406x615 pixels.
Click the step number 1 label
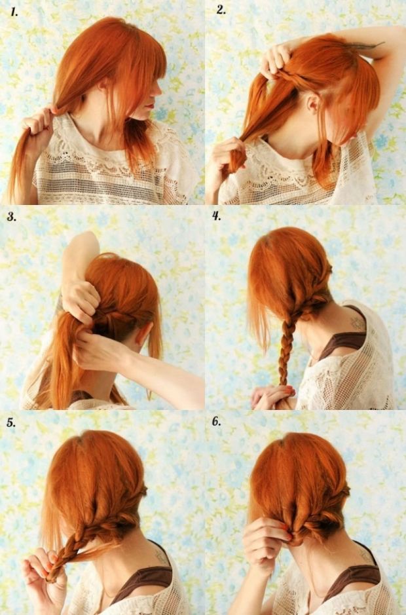(14, 12)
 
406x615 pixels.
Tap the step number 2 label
(221, 10)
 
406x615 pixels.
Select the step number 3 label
(12, 217)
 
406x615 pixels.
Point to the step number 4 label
(217, 215)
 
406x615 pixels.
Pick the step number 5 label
(11, 422)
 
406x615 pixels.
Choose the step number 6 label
(217, 422)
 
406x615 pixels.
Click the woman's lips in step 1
(148, 106)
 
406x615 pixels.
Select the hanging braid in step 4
(286, 349)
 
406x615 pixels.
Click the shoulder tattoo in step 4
(358, 323)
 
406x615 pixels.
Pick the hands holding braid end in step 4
(272, 397)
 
